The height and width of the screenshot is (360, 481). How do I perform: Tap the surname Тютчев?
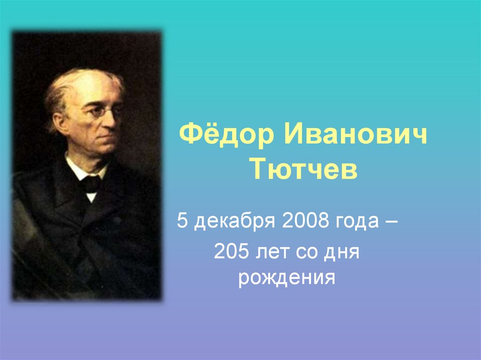click(304, 170)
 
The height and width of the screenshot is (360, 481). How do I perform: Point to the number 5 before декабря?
click(182, 221)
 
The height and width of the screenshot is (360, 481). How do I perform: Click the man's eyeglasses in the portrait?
click(101, 112)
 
